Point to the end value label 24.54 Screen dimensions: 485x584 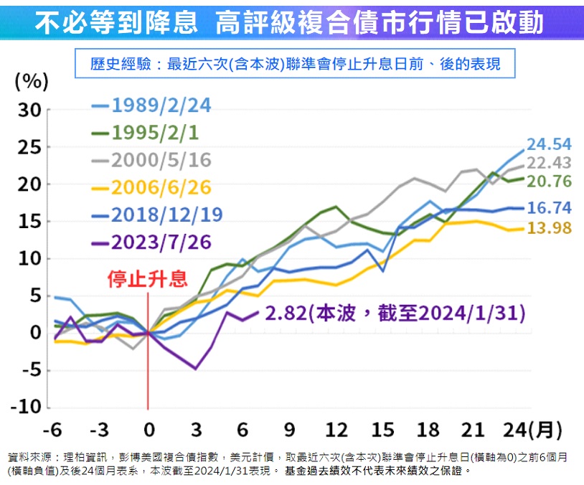pos(549,143)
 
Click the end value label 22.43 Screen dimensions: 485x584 pos(549,163)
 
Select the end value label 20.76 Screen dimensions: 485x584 pos(549,182)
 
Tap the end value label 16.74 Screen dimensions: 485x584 pos(549,208)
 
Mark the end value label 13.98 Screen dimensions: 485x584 pos(549,227)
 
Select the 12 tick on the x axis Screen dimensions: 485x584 pos(336,430)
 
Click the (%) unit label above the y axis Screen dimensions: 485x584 pos(32,81)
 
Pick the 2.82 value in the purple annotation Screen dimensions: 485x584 pos(286,314)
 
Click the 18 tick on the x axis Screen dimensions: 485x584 pos(430,430)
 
